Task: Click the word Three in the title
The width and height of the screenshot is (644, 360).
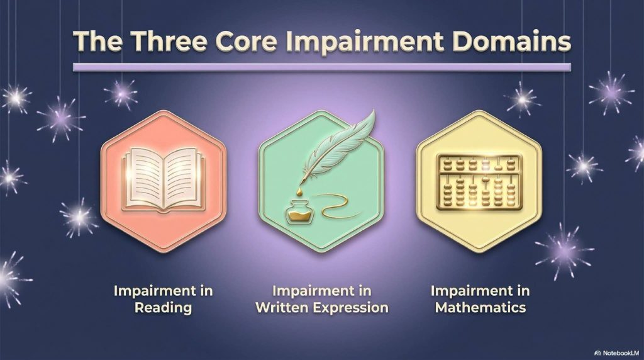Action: click(169, 41)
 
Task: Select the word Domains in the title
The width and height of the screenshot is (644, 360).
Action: click(511, 41)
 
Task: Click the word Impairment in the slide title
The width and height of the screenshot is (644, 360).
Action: click(365, 42)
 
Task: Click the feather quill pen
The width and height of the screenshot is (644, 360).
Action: click(338, 147)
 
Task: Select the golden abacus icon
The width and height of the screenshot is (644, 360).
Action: click(479, 182)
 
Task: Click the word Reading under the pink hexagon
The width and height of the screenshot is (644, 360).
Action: click(163, 307)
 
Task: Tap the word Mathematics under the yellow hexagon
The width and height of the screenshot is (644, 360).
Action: click(480, 307)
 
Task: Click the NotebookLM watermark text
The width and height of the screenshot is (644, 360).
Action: click(621, 353)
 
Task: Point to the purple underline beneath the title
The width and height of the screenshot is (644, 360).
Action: click(322, 67)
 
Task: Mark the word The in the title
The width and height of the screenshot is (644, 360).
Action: click(97, 41)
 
